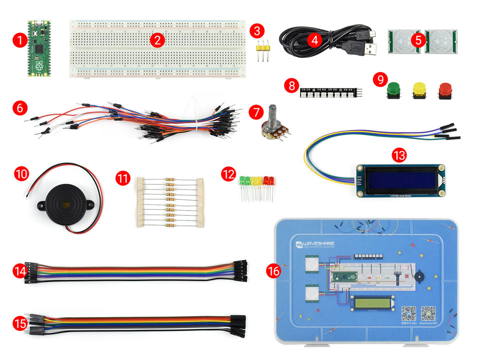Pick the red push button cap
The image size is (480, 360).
coord(445,89)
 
